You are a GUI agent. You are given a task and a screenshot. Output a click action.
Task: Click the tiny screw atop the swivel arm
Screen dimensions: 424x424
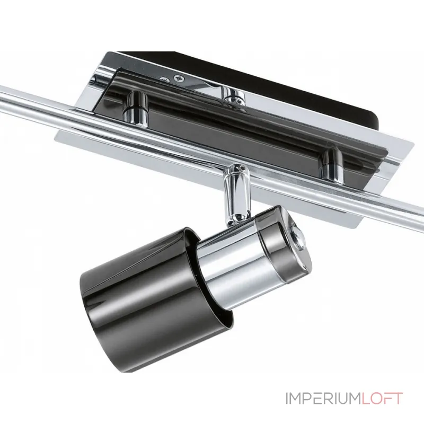click(x=238, y=168)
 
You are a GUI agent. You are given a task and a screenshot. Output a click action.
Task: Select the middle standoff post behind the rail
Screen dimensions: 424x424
click(x=234, y=98)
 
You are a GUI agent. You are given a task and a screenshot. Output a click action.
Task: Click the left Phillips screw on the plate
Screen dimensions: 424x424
click(x=165, y=79)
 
